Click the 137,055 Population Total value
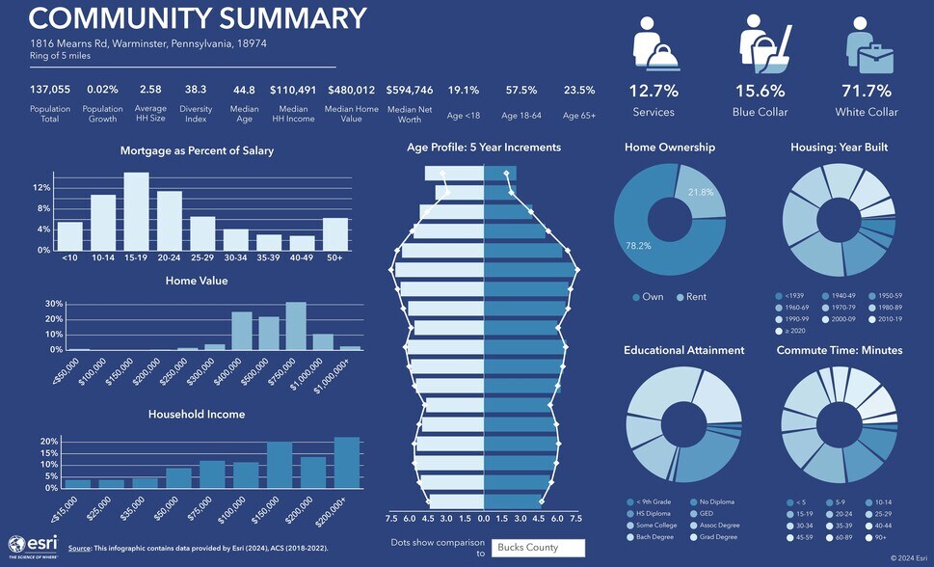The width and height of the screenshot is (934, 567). (50, 90)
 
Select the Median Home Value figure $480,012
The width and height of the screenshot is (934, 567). (352, 90)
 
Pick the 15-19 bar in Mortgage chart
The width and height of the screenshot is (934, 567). (136, 211)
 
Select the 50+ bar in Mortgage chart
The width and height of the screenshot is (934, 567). (334, 233)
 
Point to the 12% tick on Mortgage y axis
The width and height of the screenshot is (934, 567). (42, 187)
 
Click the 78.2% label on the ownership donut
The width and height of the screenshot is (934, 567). (638, 246)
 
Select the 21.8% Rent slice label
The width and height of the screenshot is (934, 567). (701, 193)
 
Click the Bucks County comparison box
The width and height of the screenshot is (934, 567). (537, 548)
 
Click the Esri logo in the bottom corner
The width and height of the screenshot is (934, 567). (33, 545)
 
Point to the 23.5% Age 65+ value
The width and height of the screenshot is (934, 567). (579, 90)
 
